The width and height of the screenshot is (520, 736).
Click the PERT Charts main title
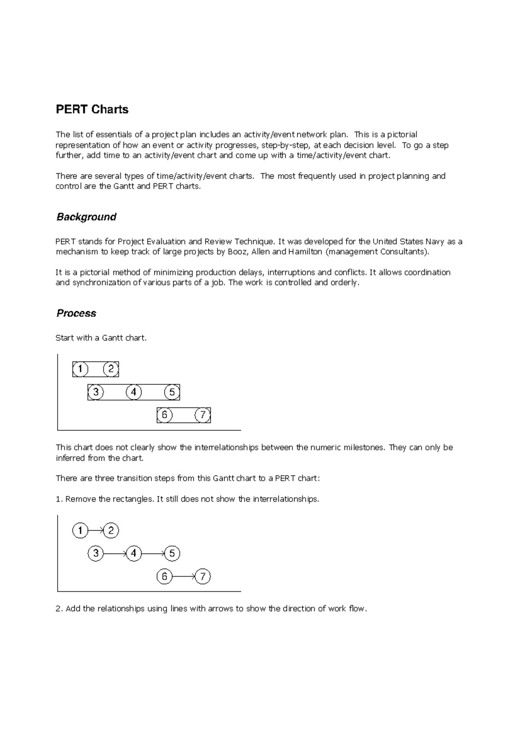click(x=92, y=109)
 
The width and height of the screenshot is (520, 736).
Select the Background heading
click(x=86, y=217)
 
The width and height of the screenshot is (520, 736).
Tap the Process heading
click(x=76, y=313)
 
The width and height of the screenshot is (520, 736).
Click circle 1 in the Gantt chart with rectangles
click(x=80, y=369)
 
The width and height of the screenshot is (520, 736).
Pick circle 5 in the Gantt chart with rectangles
click(x=172, y=392)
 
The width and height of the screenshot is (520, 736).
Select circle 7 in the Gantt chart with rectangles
click(x=202, y=415)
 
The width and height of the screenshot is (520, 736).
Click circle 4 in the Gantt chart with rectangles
click(x=133, y=392)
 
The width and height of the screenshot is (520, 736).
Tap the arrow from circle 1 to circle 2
click(x=95, y=531)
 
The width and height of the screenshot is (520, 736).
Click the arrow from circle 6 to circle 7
click(x=184, y=576)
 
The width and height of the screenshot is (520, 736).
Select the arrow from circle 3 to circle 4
click(x=115, y=554)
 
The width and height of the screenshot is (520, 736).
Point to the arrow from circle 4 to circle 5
click(x=153, y=554)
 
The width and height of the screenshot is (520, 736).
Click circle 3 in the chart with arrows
click(x=95, y=554)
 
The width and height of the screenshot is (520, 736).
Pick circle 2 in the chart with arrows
click(x=111, y=531)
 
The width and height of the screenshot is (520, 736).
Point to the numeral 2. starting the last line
click(x=59, y=609)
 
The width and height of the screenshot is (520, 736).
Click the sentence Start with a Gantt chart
click(x=101, y=338)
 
